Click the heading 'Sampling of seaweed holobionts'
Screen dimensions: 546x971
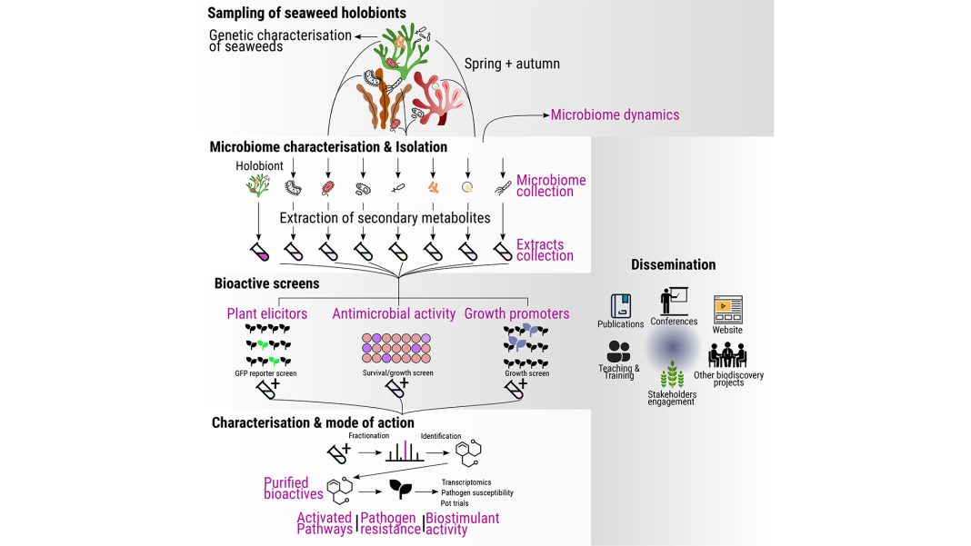pyautogui.click(x=306, y=13)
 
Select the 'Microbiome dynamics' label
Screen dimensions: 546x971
pyautogui.click(x=615, y=115)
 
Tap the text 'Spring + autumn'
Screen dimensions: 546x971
pyautogui.click(x=512, y=64)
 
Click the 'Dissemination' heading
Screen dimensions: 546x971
pyautogui.click(x=673, y=264)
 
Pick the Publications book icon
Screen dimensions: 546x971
pyautogui.click(x=621, y=305)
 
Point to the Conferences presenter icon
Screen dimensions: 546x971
pyautogui.click(x=674, y=301)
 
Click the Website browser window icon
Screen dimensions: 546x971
pyautogui.click(x=727, y=310)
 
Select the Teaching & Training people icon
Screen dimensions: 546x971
pyautogui.click(x=619, y=352)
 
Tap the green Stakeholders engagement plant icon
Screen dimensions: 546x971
pyautogui.click(x=672, y=376)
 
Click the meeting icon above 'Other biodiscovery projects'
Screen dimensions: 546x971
pyautogui.click(x=727, y=355)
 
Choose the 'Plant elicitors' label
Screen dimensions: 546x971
pyautogui.click(x=267, y=314)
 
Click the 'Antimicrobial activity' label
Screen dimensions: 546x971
pyautogui.click(x=394, y=314)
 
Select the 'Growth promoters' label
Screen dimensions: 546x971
pyautogui.click(x=516, y=314)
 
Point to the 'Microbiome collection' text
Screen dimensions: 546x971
pyautogui.click(x=551, y=186)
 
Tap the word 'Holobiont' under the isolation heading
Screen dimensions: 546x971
pyautogui.click(x=260, y=166)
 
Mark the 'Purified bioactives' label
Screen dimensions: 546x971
pyautogui.click(x=293, y=488)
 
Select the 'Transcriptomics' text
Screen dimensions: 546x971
pyautogui.click(x=466, y=481)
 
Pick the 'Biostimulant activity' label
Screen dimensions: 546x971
pyautogui.click(x=462, y=524)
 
